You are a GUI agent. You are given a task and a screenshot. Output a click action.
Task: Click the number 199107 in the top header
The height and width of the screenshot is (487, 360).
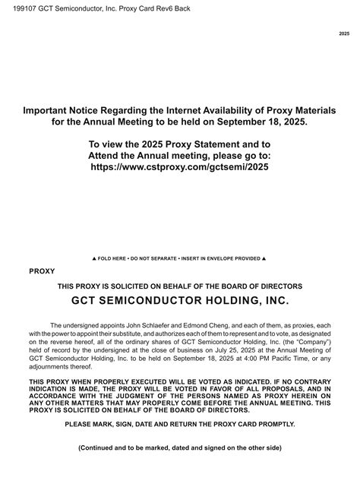tap(17, 8)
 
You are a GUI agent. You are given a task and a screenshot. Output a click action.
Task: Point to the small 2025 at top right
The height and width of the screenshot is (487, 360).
tap(344, 35)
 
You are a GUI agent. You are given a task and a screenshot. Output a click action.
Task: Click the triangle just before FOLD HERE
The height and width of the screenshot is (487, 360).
tap(93, 258)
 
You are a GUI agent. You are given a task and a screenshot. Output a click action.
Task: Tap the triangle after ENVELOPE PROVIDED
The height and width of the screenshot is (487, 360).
tap(263, 258)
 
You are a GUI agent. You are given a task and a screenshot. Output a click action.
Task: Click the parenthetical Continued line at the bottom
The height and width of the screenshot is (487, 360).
tap(179, 469)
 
